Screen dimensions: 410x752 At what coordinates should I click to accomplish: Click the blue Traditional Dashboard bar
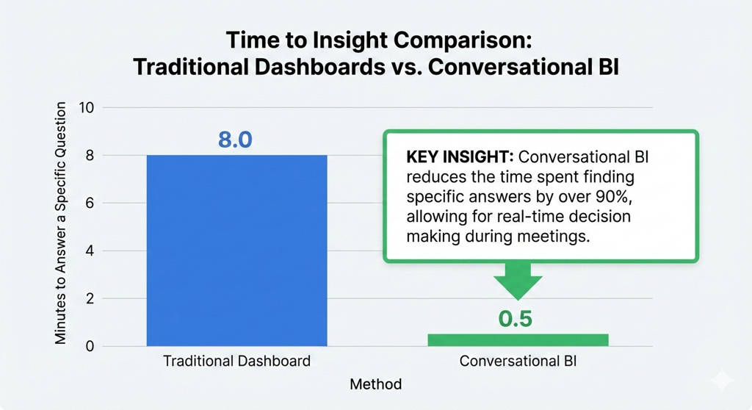[236, 250]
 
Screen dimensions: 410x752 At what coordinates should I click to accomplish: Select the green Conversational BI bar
[518, 339]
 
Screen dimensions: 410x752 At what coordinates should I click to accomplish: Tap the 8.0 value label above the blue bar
[235, 140]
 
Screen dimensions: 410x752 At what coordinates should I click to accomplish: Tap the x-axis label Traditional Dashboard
[236, 362]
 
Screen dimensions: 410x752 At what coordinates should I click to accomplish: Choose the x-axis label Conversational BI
[518, 362]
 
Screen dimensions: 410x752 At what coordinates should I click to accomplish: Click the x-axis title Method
[376, 384]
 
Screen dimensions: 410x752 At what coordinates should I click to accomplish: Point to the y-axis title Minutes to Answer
[62, 224]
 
